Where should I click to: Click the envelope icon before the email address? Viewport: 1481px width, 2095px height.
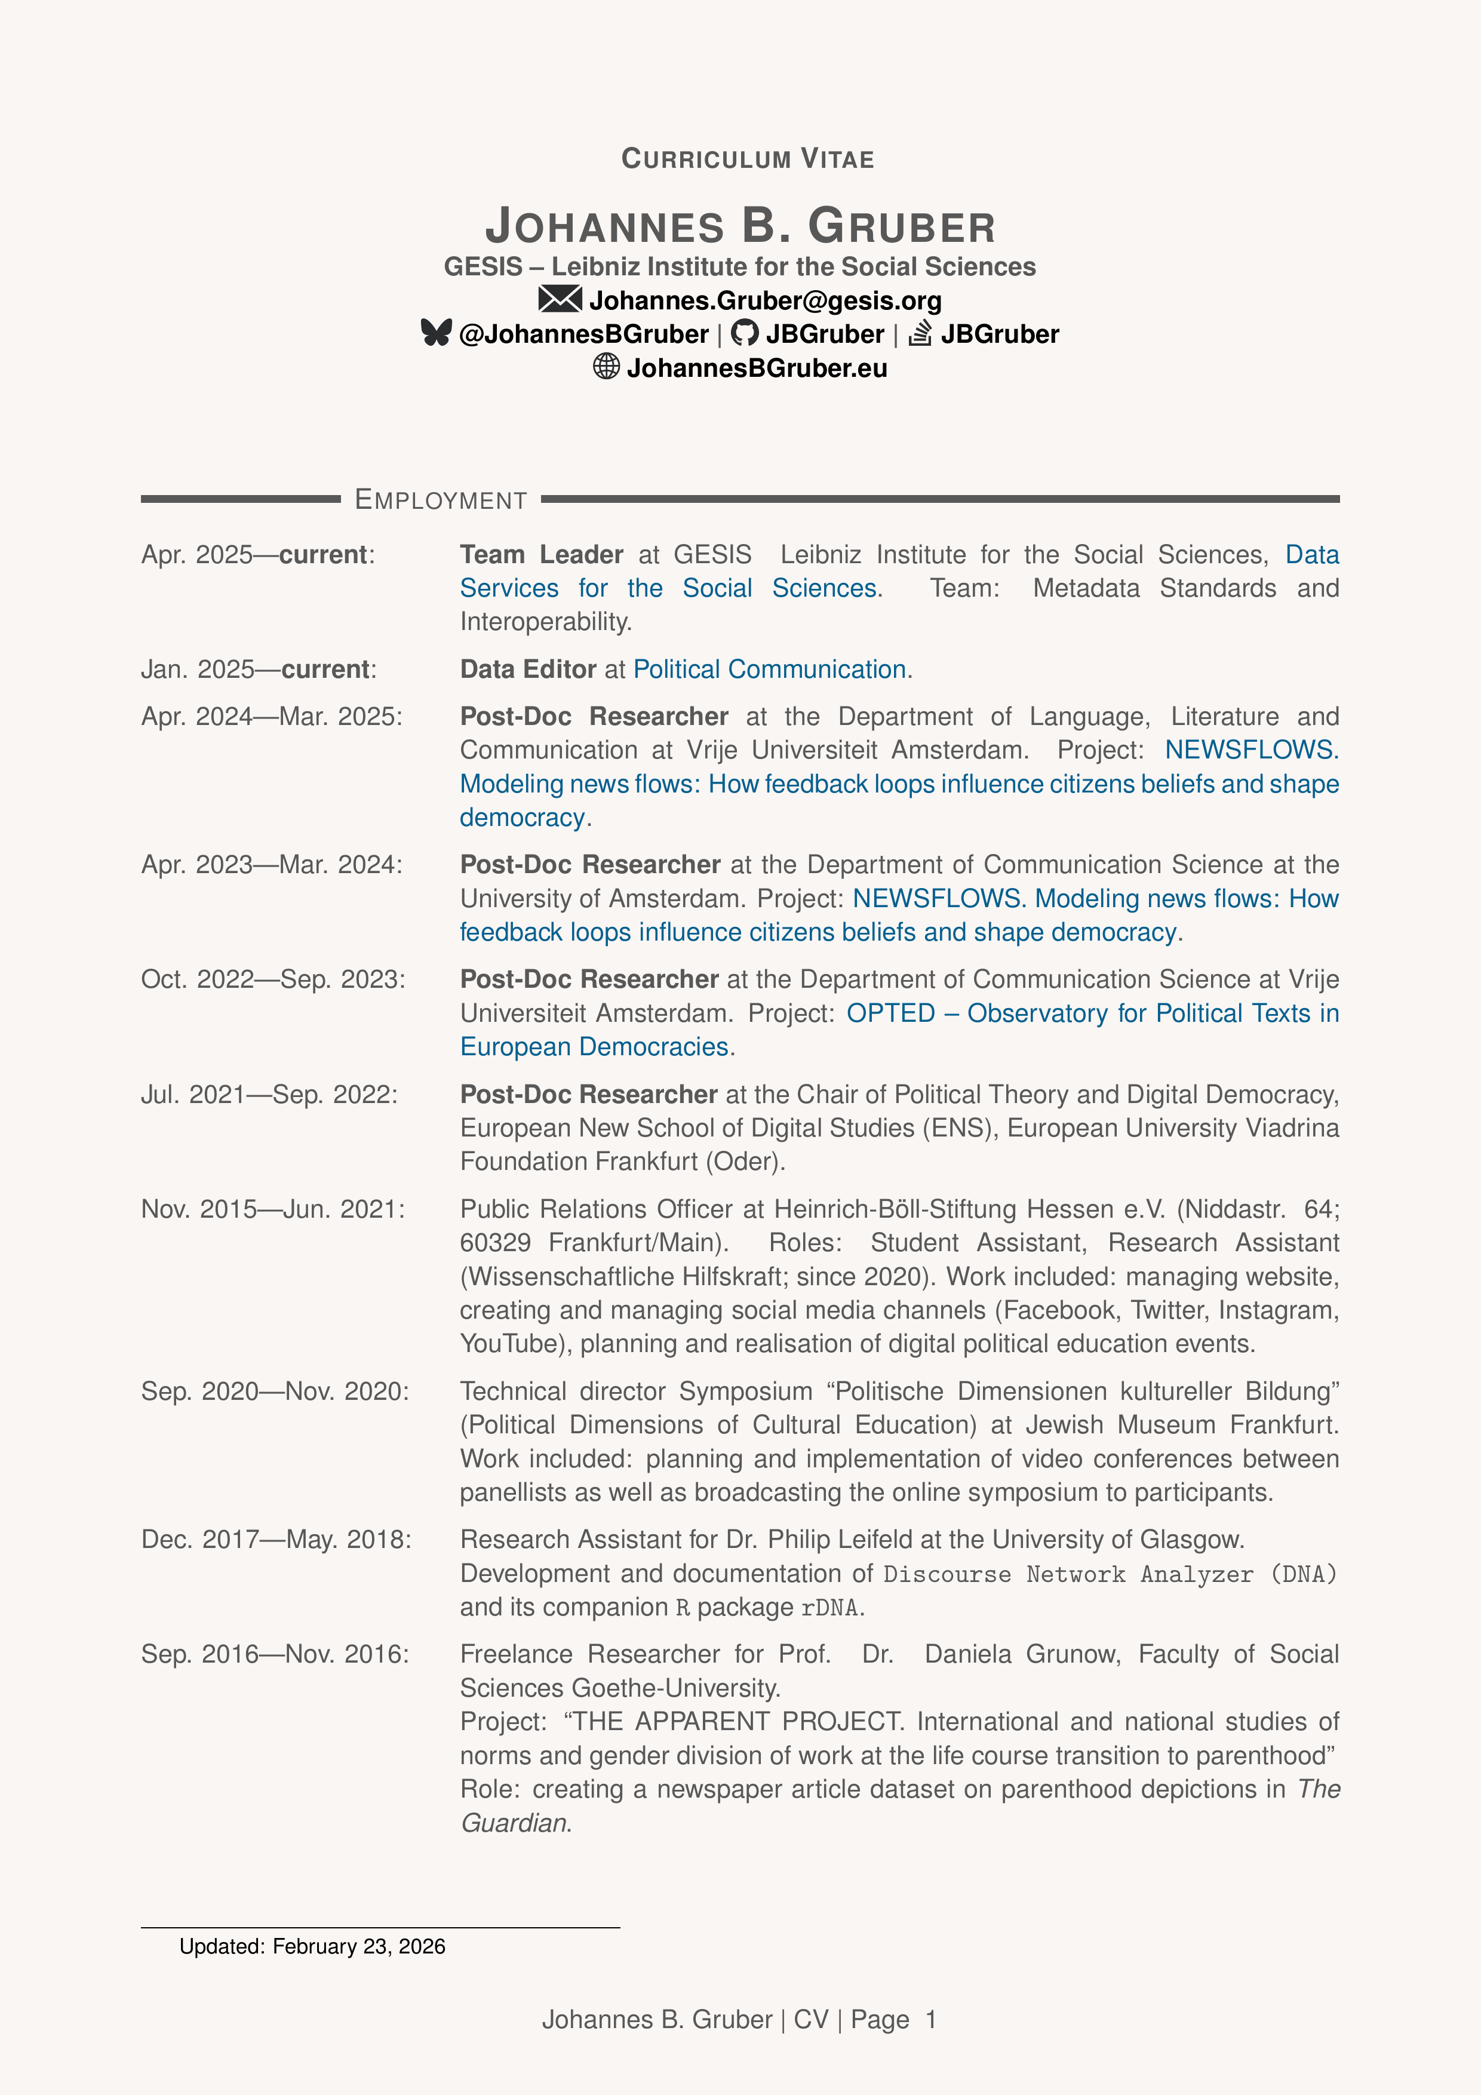pos(560,299)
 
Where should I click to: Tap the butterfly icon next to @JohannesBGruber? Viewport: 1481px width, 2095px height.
pos(436,333)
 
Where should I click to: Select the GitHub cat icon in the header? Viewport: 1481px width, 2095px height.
pos(745,333)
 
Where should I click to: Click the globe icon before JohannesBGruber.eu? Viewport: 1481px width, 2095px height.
pos(606,367)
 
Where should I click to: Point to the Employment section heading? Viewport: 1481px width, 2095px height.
pos(441,500)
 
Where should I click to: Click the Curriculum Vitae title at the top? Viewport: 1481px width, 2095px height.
pos(747,159)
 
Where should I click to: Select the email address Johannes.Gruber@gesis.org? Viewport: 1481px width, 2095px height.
pos(764,300)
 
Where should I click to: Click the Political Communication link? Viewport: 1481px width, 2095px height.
pos(769,669)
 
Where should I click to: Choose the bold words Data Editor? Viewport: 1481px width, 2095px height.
pos(527,669)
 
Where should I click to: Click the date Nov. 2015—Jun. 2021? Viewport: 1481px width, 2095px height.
pos(272,1209)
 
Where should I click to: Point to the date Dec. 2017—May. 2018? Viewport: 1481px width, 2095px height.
pos(275,1540)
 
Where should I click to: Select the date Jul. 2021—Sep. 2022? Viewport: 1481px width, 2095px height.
pos(269,1094)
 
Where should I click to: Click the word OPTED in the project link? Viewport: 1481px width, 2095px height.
pos(890,1013)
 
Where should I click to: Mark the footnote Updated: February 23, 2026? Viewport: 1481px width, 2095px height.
pos(312,1946)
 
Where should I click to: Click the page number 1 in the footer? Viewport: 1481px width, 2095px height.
pos(931,2019)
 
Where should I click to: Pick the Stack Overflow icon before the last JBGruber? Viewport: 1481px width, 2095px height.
pos(920,333)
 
